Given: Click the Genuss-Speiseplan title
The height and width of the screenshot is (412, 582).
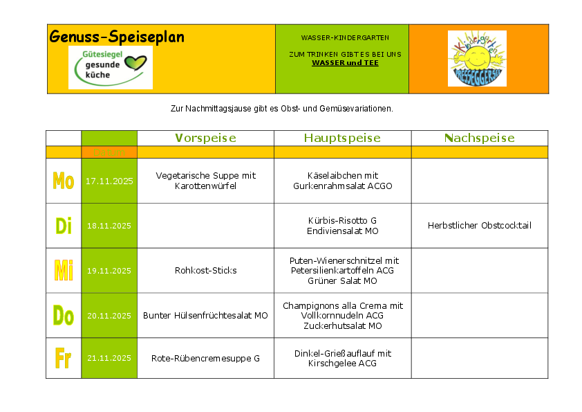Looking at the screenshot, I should coord(117,37).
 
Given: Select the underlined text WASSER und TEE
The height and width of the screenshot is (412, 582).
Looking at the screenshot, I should coord(345,62).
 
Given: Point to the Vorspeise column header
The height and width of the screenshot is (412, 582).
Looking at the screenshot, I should coord(205,138).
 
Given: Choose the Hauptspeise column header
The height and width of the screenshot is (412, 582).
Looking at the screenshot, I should coord(342,138).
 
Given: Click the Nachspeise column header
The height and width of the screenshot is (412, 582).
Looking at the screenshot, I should coord(479,138).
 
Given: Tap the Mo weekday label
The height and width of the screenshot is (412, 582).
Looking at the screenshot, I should coord(64,181).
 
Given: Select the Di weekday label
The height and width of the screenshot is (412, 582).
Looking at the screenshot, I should coord(64,226).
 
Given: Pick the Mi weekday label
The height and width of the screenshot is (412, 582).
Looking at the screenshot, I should coord(64,270).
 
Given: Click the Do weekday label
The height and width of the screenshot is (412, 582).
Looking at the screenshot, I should coord(64,316).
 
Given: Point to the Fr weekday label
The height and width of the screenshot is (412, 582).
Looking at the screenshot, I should coord(64,359).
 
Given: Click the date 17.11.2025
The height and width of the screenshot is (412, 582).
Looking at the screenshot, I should coord(109,181).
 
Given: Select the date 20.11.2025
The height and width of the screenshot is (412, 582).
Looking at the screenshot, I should coord(109,316).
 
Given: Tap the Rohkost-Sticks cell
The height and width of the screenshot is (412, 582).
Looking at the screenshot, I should coord(205,270).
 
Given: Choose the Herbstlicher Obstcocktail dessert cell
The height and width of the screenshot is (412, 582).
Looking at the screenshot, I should coord(479,225).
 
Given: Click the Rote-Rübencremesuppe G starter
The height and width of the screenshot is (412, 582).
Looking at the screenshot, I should coord(205,358).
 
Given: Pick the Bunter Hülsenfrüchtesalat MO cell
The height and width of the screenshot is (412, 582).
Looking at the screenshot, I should coord(205,315).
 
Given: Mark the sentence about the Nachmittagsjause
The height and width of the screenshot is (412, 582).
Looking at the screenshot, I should coord(281,108).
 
